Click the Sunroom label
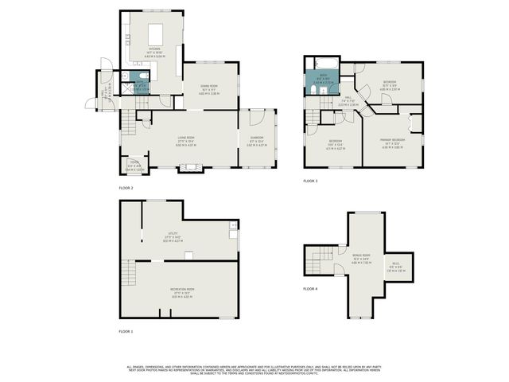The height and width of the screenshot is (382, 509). pos(255,143)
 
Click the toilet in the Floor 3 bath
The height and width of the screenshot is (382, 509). pos(314,91)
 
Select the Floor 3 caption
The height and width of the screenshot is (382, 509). pos(310,181)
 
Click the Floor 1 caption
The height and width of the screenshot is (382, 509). pos(126,330)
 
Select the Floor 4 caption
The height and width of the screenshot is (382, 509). pos(310,288)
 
